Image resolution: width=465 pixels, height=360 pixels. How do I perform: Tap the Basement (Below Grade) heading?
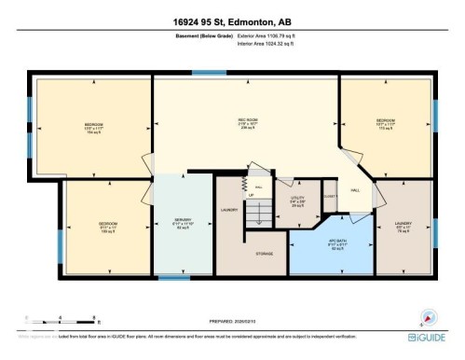[203, 35]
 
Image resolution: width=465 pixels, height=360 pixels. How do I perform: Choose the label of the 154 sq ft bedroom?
[93, 128]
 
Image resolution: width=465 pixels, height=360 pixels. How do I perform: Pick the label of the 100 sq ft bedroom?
[107, 226]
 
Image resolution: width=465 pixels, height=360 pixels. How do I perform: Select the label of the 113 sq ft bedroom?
[386, 123]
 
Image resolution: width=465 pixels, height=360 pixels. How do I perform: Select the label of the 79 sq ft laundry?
[403, 226]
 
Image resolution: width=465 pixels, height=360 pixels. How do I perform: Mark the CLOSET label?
[329, 196]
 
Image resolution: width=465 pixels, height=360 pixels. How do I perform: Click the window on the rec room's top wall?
[202, 73]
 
